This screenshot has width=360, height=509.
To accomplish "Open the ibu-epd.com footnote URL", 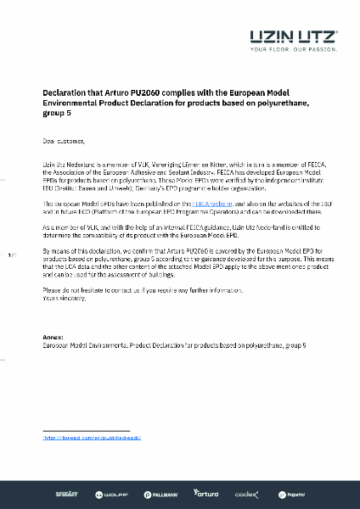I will point(92,438).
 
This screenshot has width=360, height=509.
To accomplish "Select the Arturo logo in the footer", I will point(206,493).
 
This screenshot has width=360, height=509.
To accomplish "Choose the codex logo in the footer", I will point(248,493).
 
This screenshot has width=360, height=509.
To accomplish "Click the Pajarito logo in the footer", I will point(290,493).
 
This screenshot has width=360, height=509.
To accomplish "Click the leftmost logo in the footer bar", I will point(67,493).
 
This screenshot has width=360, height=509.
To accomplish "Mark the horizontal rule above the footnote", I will point(85,430).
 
